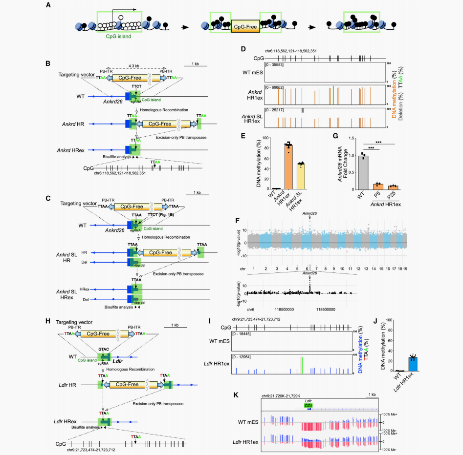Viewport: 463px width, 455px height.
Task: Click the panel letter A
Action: (x=47, y=5)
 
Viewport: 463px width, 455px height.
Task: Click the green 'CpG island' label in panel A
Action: (x=118, y=36)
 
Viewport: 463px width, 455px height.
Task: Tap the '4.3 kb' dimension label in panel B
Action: (x=133, y=67)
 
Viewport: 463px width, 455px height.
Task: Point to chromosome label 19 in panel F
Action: (x=405, y=269)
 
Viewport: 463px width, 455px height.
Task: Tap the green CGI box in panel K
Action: (x=309, y=405)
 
